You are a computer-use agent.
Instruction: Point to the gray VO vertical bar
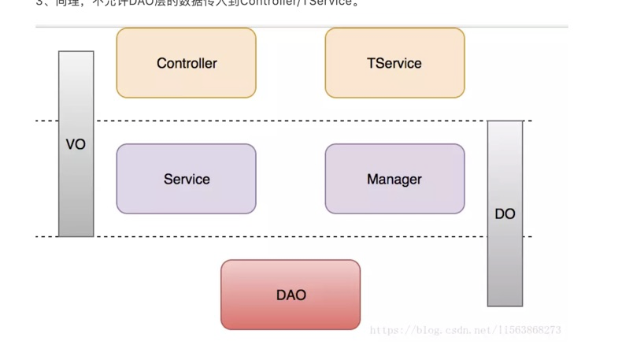click(76, 189)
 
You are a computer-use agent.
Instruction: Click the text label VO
click(76, 145)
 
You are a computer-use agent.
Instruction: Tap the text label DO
click(505, 213)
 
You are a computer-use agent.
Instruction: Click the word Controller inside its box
click(187, 64)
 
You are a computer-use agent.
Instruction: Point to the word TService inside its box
click(394, 64)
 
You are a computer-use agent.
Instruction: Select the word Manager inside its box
click(394, 180)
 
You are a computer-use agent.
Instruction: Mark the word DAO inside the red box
click(291, 295)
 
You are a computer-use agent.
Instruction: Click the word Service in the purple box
click(187, 180)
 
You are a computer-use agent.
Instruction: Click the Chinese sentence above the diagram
click(197, 3)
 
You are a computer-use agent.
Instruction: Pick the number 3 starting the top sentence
click(39, 3)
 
